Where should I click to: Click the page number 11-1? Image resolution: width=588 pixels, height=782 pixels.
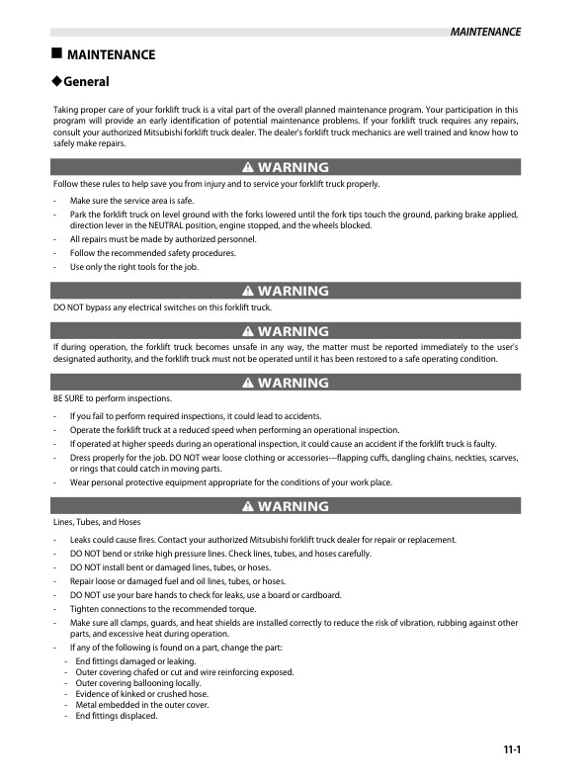(510, 750)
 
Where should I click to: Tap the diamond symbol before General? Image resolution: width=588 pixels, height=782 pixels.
(57, 81)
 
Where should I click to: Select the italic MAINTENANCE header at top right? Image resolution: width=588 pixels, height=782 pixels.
(484, 33)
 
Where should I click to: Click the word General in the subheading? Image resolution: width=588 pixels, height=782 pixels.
(87, 82)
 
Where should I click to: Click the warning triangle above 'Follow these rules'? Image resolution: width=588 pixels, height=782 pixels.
(247, 168)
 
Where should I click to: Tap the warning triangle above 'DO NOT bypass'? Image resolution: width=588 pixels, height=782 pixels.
(247, 291)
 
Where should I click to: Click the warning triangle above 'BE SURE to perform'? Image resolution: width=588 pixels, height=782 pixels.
(247, 383)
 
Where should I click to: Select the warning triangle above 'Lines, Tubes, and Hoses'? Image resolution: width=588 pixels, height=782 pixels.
(247, 506)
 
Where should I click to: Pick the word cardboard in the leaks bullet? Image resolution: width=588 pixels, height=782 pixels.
(319, 595)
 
